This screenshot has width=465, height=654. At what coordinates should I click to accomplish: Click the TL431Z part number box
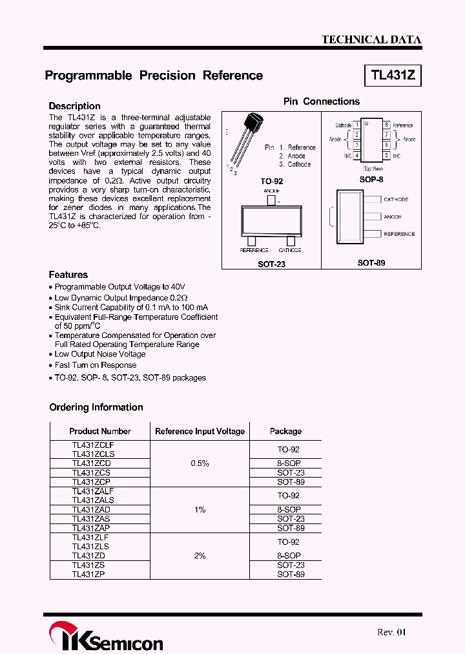pyautogui.click(x=393, y=76)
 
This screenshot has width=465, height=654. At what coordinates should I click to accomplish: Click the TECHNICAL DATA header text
pyautogui.click(x=371, y=39)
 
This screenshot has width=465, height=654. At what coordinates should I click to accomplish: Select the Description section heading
pyautogui.click(x=75, y=106)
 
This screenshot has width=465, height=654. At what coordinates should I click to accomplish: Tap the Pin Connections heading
pyautogui.click(x=322, y=101)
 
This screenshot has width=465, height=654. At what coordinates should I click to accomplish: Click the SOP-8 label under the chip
pyautogui.click(x=371, y=179)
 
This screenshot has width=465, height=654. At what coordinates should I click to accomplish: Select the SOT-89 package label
pyautogui.click(x=371, y=264)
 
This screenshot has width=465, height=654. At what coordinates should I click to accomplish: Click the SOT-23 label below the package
pyautogui.click(x=271, y=264)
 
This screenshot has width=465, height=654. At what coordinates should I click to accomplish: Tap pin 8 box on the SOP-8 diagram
pyautogui.click(x=386, y=125)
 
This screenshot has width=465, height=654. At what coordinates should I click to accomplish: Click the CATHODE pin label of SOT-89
pyautogui.click(x=396, y=200)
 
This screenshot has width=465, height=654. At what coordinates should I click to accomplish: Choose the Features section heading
pyautogui.click(x=68, y=275)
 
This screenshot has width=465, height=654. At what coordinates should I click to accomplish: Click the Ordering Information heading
pyautogui.click(x=96, y=407)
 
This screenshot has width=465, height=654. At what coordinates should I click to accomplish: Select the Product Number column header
pyautogui.click(x=100, y=431)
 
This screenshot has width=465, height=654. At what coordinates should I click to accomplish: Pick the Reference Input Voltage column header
pyautogui.click(x=200, y=431)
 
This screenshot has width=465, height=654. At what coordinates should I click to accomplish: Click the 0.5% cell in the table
pyautogui.click(x=200, y=463)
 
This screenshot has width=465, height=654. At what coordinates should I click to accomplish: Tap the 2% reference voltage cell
pyautogui.click(x=200, y=556)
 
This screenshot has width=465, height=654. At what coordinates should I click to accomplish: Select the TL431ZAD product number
pyautogui.click(x=92, y=509)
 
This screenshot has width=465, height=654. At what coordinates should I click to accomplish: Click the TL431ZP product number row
pyautogui.click(x=88, y=574)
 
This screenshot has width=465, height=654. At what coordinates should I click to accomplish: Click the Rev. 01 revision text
pyautogui.click(x=392, y=632)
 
